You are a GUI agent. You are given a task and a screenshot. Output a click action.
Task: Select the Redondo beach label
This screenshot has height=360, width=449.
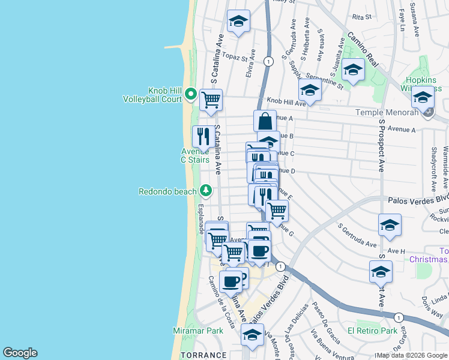(167, 192)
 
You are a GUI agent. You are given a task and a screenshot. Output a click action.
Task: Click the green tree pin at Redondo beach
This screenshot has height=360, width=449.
(206, 190)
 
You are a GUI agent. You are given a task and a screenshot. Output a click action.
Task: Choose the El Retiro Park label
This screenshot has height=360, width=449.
(372, 331)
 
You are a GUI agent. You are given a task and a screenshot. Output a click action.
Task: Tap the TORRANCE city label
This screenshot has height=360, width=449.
(203, 355)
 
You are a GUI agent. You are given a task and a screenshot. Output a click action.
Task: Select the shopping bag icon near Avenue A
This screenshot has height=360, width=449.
(265, 121)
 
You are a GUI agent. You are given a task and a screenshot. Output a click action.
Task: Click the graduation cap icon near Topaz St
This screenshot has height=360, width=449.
(238, 23)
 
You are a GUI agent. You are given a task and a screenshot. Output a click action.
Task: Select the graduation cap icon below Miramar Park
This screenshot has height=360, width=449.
(253, 335)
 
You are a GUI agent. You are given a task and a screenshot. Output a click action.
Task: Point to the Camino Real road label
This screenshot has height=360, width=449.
(363, 45)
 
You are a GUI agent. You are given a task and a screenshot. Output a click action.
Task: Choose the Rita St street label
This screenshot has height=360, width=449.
(363, 17)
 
